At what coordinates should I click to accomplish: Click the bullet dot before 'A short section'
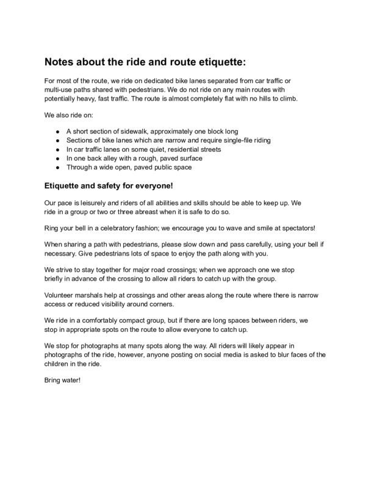coord(56,132)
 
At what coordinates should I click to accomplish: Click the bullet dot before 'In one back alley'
coord(56,157)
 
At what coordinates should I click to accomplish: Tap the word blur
coord(286,356)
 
